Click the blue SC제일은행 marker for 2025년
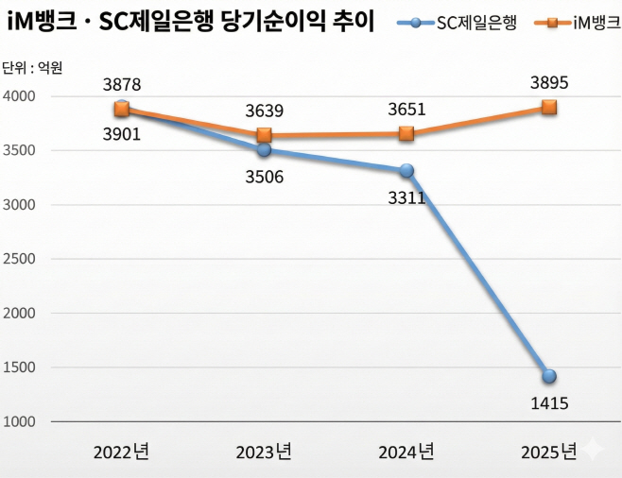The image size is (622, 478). tap(548, 376)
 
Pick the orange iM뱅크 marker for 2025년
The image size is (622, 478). tap(548, 108)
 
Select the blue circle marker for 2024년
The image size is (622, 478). tap(406, 171)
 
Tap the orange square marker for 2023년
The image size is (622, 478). tap(265, 135)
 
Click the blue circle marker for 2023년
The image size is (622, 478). tap(265, 149)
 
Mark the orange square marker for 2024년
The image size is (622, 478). tap(406, 134)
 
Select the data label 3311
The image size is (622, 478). tap(406, 198)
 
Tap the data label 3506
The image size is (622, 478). tap(265, 177)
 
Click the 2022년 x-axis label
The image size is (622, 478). tap(121, 452)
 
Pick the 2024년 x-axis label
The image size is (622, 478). tap(406, 452)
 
